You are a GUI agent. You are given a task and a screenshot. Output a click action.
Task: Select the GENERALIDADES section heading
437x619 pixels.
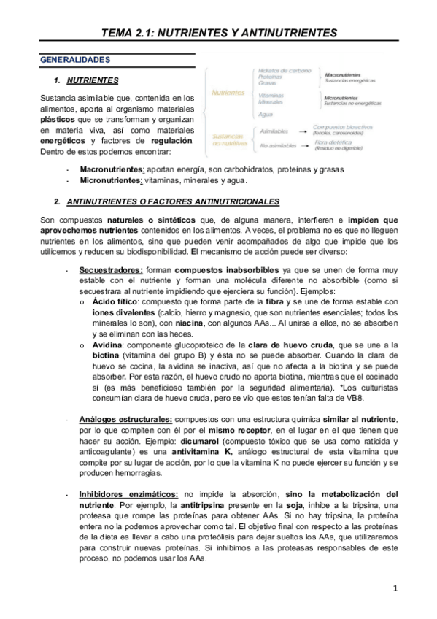click(75, 58)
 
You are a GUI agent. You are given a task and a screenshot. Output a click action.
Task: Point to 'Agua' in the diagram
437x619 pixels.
click(266, 114)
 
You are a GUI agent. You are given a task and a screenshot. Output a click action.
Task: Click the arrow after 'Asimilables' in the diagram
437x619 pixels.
click(301, 131)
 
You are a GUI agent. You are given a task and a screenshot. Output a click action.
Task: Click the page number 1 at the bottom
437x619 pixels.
click(395, 588)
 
